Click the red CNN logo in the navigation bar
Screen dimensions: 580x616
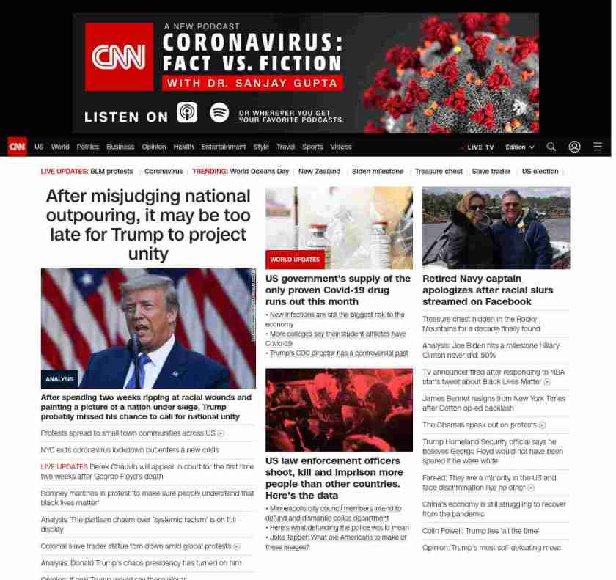point(18,147)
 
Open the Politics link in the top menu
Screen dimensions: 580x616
point(87,147)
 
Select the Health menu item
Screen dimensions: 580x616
point(183,147)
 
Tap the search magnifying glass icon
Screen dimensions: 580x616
point(551,147)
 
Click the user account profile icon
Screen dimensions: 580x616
point(574,147)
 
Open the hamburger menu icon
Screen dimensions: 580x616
point(598,147)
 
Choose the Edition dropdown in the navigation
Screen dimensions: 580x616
point(520,147)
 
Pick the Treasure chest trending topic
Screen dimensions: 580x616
point(439,172)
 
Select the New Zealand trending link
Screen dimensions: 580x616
point(319,172)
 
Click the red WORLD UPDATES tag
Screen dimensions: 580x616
point(295,260)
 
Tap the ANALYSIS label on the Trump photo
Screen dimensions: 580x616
point(59,379)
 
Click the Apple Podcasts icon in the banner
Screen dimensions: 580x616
point(187,113)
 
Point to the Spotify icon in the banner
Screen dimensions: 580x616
point(219,113)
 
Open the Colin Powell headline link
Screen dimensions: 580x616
point(480,531)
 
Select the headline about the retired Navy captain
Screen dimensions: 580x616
point(488,290)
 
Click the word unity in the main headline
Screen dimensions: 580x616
point(148,254)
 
